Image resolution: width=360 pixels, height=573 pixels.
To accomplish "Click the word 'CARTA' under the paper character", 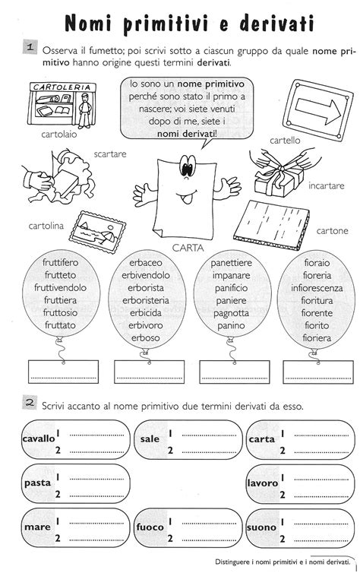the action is [186, 246].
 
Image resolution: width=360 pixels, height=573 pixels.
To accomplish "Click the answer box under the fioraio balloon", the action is [315, 372].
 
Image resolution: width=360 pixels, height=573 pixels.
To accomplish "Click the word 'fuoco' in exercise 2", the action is [150, 527].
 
